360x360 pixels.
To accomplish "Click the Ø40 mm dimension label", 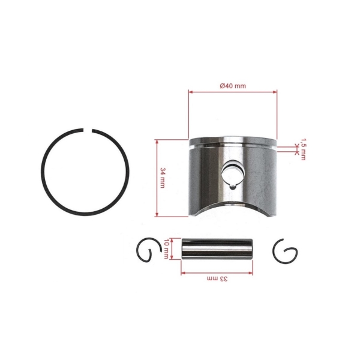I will click(x=233, y=86).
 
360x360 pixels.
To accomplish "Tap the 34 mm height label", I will click(x=163, y=178).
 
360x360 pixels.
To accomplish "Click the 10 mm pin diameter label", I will click(x=166, y=248).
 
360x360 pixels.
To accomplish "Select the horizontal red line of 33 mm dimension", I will click(x=198, y=272).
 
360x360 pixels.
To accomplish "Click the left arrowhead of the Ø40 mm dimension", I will click(x=191, y=92).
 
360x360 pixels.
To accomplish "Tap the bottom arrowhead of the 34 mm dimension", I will click(x=157, y=214).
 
